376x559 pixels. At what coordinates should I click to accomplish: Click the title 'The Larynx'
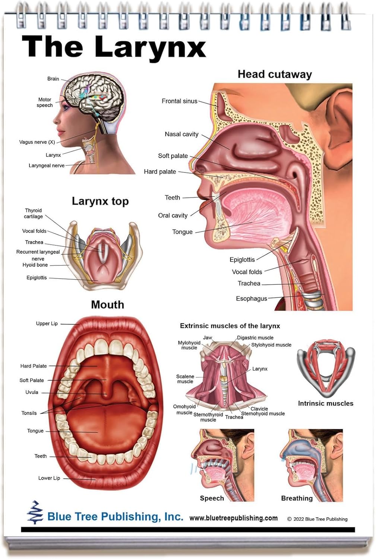click(x=114, y=47)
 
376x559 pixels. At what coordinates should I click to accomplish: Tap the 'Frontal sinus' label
click(x=179, y=101)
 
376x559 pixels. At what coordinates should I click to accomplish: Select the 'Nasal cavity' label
click(x=181, y=134)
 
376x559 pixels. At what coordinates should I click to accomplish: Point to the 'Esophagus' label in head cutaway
click(x=252, y=299)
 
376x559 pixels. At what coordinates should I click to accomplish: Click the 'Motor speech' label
click(x=45, y=102)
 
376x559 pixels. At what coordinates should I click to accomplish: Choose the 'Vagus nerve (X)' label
click(x=37, y=142)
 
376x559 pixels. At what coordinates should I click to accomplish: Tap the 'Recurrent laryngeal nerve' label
click(x=38, y=255)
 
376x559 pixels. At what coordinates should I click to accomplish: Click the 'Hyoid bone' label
click(x=35, y=265)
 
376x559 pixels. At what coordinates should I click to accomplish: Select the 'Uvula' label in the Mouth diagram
click(x=32, y=392)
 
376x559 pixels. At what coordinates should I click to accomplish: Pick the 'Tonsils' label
click(x=29, y=413)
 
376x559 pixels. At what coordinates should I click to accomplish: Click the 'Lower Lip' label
click(x=49, y=478)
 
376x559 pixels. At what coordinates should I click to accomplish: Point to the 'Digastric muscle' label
click(x=255, y=338)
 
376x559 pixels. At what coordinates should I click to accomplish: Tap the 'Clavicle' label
click(x=259, y=408)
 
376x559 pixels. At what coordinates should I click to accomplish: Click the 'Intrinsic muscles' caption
click(x=325, y=403)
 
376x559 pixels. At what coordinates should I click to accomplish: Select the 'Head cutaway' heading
click(x=275, y=75)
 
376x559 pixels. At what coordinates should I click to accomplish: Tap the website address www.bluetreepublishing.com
click(x=233, y=518)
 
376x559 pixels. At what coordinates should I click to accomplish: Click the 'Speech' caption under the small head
click(x=212, y=498)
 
